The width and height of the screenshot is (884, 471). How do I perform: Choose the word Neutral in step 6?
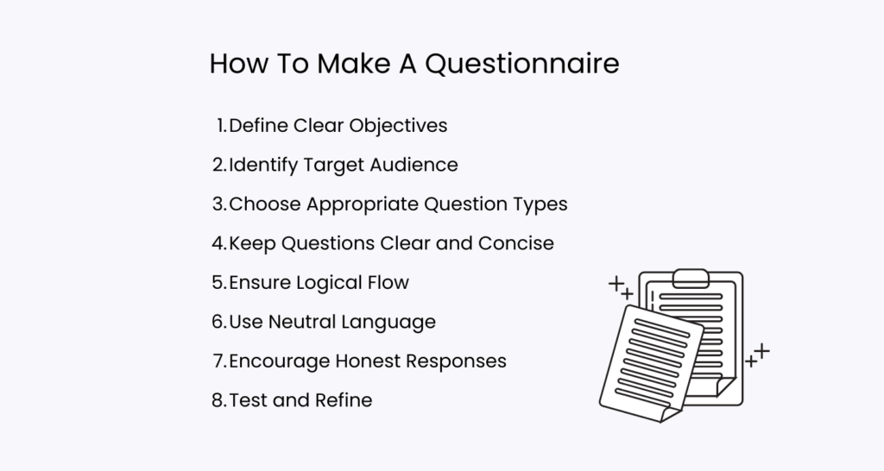pos(303,322)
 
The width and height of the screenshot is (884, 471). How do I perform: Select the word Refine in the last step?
pos(344,400)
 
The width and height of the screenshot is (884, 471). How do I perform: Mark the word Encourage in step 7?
pos(280,361)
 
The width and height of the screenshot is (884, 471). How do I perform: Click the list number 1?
pos(220,126)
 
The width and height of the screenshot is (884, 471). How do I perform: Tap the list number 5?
pos(218,282)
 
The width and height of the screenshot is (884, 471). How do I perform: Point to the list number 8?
pos(218,400)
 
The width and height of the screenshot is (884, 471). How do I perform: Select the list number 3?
pos(218,204)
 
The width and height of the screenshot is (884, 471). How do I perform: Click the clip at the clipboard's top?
pos(691,277)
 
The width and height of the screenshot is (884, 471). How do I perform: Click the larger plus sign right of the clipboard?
pos(762,350)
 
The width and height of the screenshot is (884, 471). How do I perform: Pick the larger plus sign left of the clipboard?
pos(616,283)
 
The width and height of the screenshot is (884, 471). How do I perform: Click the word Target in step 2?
pos(323,165)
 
